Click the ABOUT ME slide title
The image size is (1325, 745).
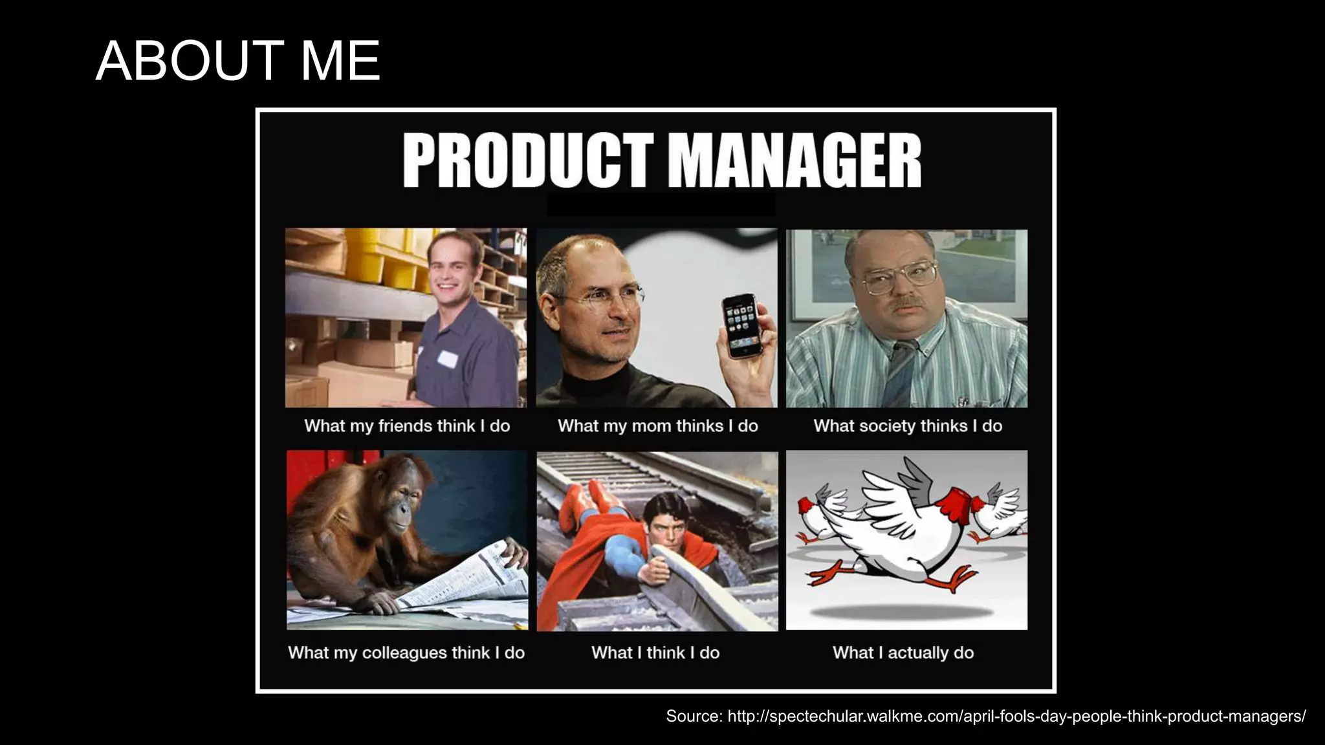[x=237, y=61]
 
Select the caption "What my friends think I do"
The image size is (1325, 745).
[x=407, y=426]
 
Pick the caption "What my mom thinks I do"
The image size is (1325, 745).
[x=657, y=426]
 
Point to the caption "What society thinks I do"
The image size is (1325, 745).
[x=908, y=426]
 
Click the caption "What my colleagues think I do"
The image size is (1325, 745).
[x=406, y=653]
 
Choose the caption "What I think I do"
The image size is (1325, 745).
[x=655, y=653]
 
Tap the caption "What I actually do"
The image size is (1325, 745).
[x=903, y=653]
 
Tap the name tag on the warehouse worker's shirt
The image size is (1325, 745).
[x=446, y=358]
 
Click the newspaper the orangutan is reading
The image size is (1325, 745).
[x=466, y=582]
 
